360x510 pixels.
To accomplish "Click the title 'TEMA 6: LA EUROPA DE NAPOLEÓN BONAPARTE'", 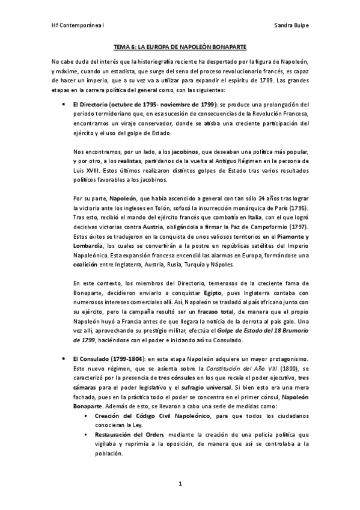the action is coord(180,46).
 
